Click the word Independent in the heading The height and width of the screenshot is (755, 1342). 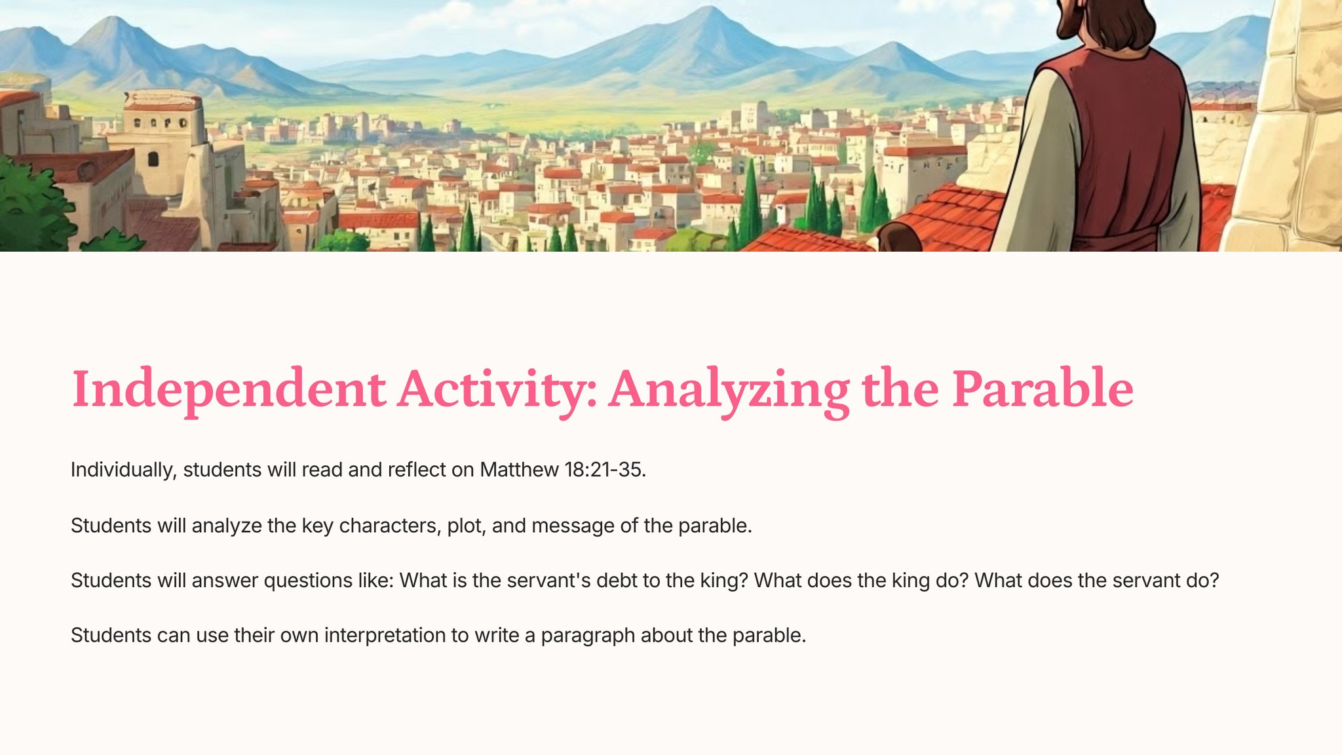(x=228, y=391)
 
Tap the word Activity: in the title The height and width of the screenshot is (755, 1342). (x=497, y=391)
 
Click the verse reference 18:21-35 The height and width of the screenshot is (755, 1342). (x=605, y=470)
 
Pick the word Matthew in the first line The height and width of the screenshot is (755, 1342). (x=519, y=470)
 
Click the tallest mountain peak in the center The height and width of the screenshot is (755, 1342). (x=708, y=9)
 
